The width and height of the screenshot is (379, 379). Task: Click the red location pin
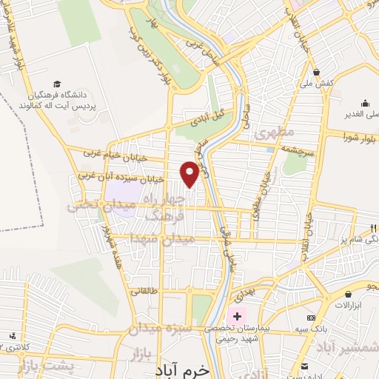point(189,173)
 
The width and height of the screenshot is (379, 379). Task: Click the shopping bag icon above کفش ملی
point(317,72)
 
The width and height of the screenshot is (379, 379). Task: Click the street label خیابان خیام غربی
point(111,155)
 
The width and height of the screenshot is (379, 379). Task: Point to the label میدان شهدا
point(160,239)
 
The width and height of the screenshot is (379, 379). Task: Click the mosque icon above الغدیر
point(366,104)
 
